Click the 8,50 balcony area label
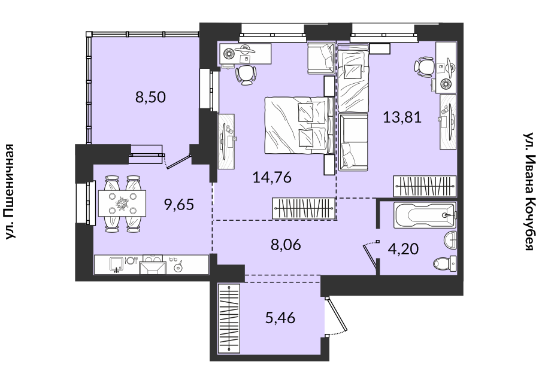[150, 97]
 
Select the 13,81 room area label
[402, 117]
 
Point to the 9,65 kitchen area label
[179, 205]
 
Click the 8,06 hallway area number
[286, 245]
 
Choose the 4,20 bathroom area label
[403, 249]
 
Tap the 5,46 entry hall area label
[280, 318]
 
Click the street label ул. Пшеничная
[10, 191]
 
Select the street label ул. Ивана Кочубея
[528, 191]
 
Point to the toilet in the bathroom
[445, 264]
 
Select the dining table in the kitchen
[122, 203]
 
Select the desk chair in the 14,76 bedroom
[246, 75]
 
